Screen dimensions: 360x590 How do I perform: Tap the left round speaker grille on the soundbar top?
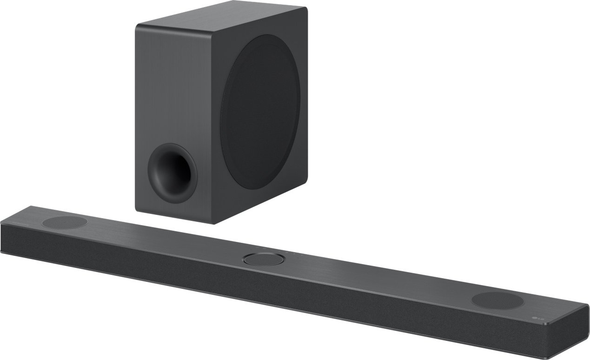[65, 222]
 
